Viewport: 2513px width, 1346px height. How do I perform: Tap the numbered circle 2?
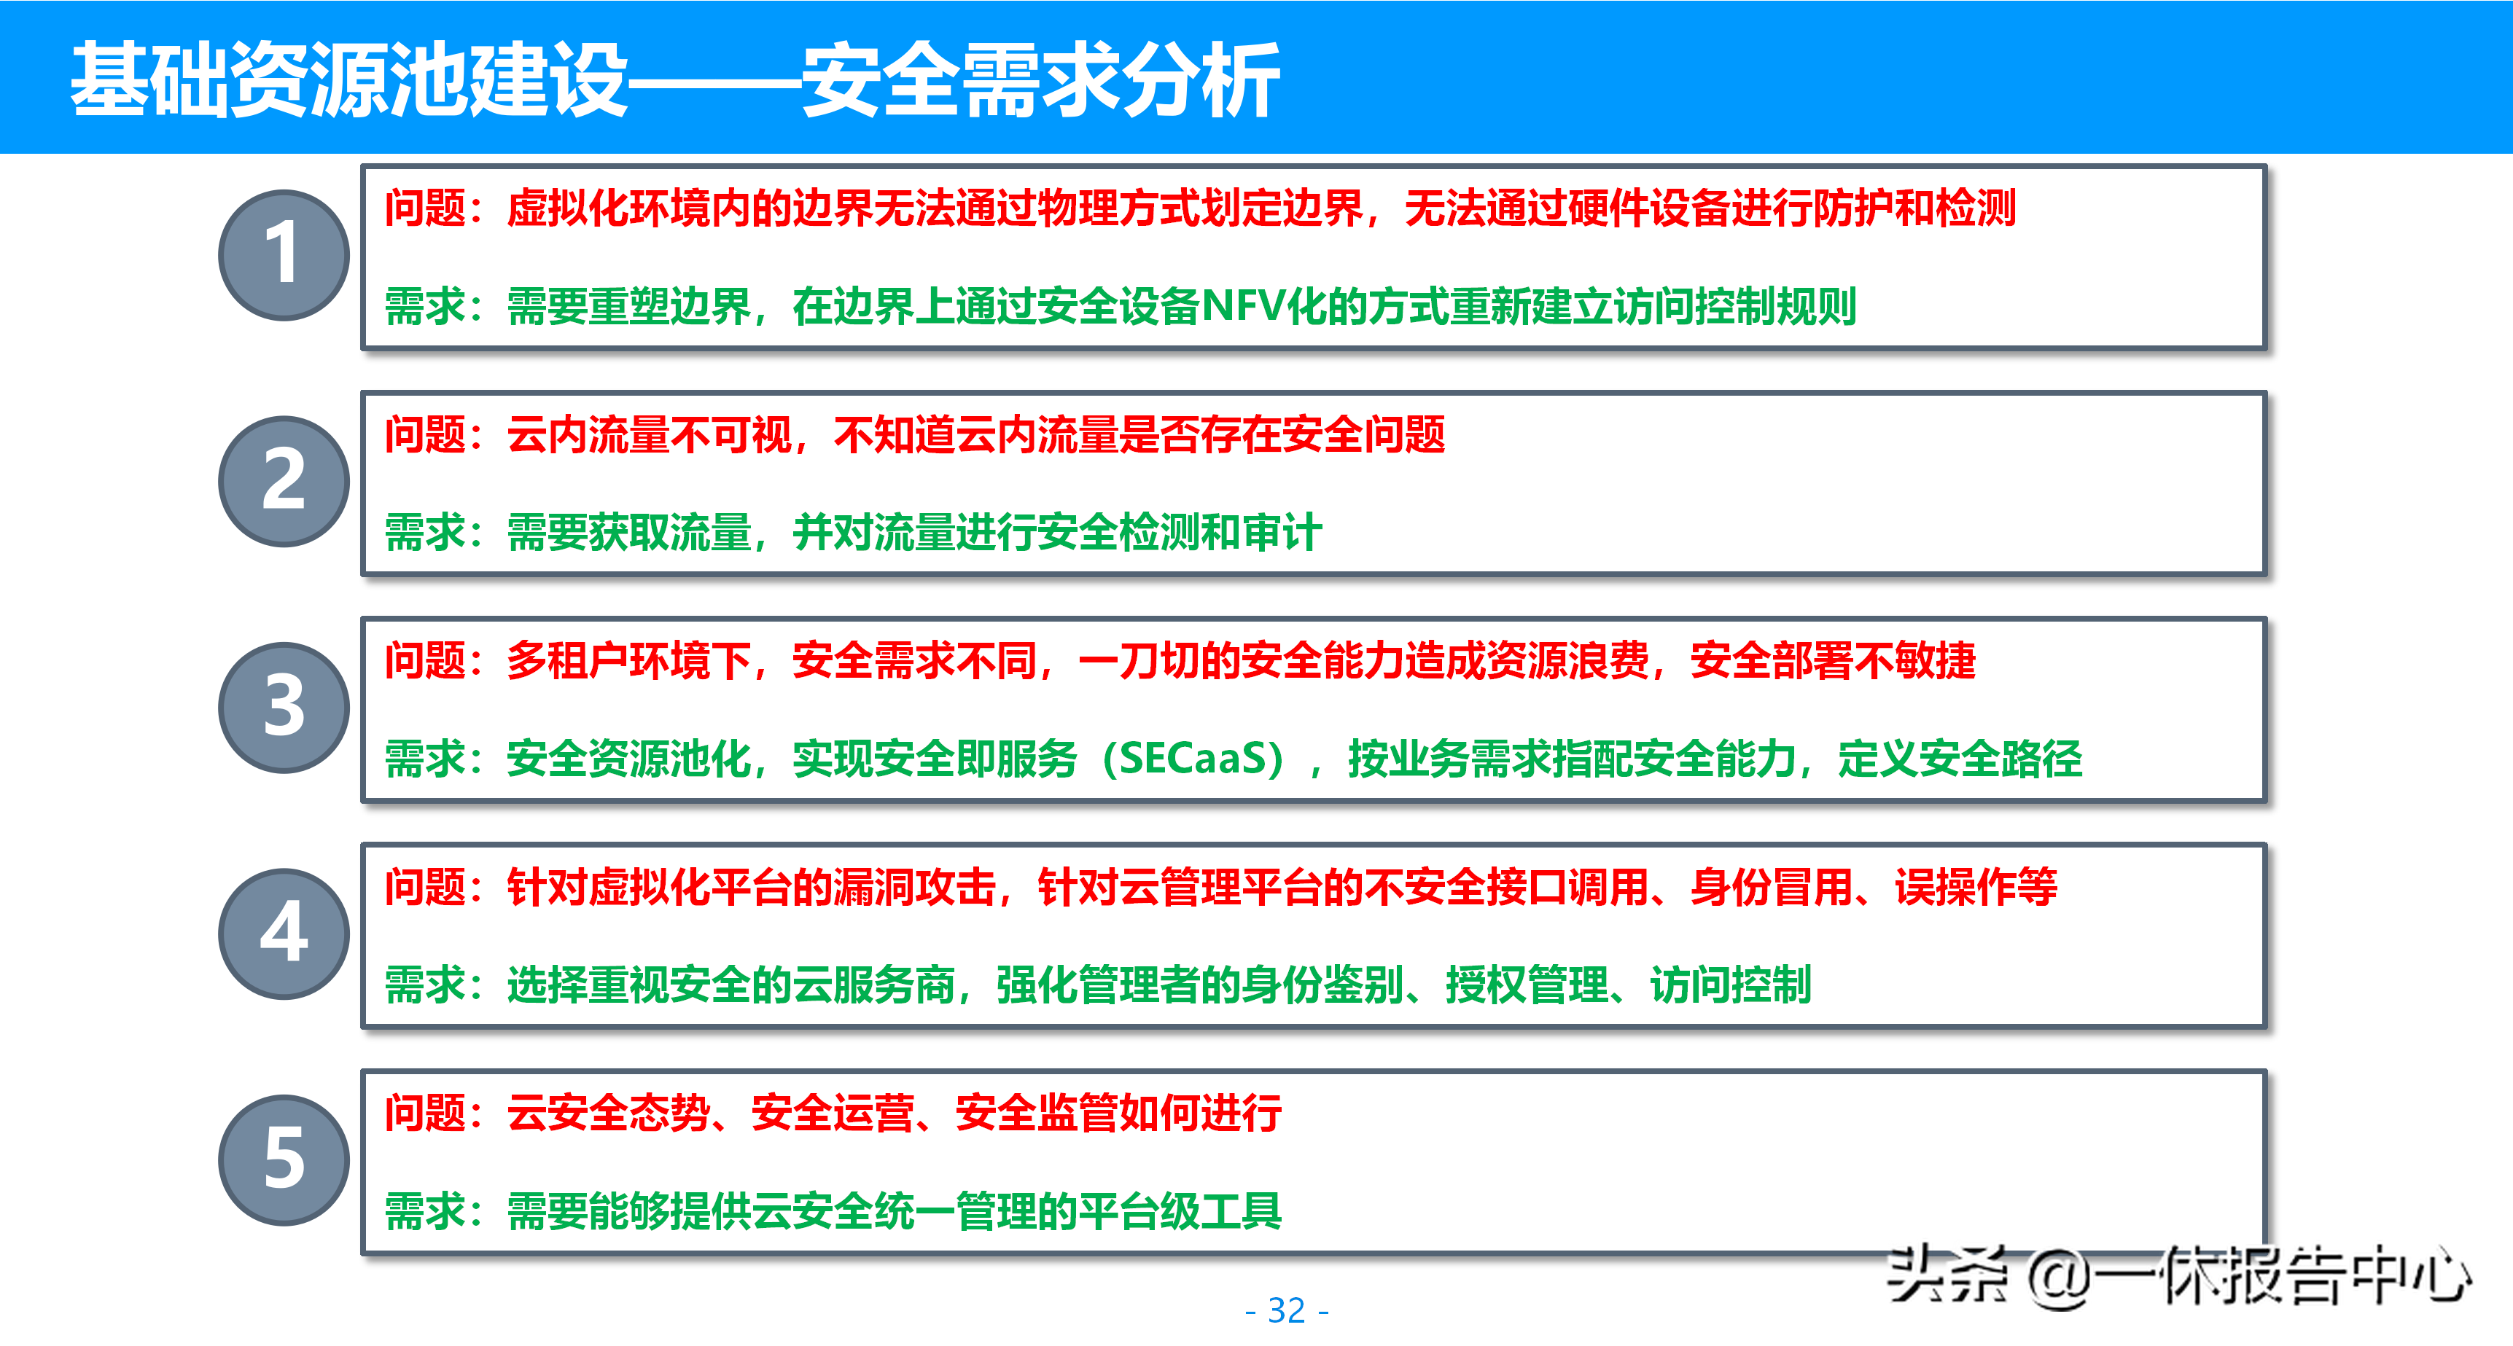pos(284,481)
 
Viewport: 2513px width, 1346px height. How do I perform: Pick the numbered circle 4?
pos(284,934)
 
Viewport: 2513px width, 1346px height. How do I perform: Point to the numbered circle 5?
pos(284,1159)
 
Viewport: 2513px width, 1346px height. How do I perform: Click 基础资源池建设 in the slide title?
pos(349,81)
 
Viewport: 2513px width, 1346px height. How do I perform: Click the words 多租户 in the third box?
pos(568,660)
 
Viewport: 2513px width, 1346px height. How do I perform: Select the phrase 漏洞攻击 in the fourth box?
pos(915,887)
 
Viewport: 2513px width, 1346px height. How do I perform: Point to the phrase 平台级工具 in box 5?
pos(1180,1211)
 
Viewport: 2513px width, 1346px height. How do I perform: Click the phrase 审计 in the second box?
pos(1282,533)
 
